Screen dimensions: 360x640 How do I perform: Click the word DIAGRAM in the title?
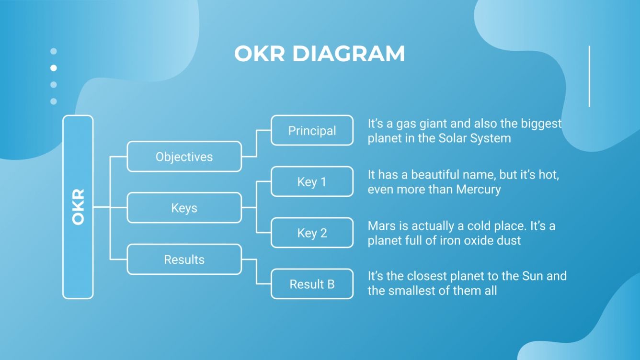tap(348, 54)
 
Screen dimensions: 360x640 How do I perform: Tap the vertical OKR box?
tap(78, 207)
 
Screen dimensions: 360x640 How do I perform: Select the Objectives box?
tap(184, 157)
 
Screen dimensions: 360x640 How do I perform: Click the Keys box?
tap(184, 208)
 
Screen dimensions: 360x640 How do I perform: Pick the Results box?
tap(184, 259)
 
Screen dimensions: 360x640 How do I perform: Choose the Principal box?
tap(312, 130)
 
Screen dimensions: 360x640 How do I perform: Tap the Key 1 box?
tap(312, 182)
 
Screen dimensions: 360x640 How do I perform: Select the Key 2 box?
tap(312, 233)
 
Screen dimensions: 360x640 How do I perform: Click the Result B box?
tap(312, 284)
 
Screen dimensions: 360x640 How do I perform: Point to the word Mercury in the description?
tap(478, 189)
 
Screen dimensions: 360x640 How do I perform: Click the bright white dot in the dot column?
tap(54, 68)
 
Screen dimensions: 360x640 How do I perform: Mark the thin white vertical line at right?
tap(589, 77)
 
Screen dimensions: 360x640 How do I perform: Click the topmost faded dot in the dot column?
tap(54, 51)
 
